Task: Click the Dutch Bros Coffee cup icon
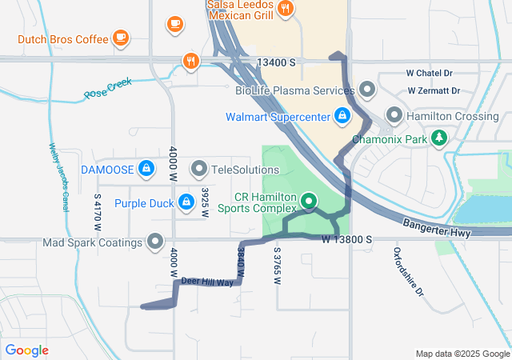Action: (x=120, y=37)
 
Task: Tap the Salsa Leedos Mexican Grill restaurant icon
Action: (x=286, y=10)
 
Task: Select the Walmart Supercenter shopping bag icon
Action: (x=342, y=116)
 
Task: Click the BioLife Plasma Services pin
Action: (x=367, y=88)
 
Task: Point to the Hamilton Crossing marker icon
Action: (x=394, y=115)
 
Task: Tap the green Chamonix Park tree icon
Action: (x=438, y=138)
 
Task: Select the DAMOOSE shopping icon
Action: (x=146, y=168)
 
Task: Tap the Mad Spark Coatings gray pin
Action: (x=155, y=242)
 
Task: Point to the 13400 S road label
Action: (x=277, y=62)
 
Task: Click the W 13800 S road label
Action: (x=348, y=239)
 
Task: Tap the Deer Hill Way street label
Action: (x=206, y=282)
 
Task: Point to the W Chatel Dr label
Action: (x=435, y=73)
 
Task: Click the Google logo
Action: (x=26, y=350)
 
